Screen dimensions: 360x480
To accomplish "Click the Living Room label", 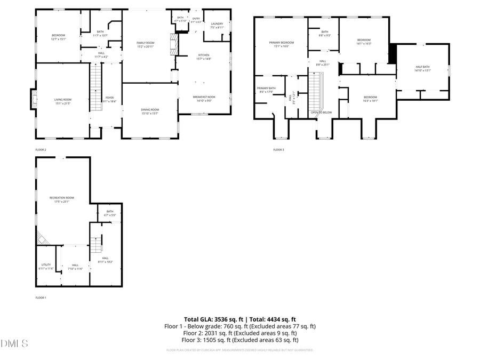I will [62, 100].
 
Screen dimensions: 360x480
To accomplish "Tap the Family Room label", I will [145, 43].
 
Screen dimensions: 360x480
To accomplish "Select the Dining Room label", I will [150, 110].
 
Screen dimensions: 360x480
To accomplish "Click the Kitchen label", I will [204, 55].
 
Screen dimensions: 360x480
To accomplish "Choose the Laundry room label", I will [217, 23].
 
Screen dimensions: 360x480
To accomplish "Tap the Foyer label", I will [109, 98].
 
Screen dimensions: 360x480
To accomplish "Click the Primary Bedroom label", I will [281, 42].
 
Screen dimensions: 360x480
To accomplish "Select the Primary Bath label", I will [266, 88].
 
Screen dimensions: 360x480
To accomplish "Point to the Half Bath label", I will [422, 67].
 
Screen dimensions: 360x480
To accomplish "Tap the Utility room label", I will [46, 265].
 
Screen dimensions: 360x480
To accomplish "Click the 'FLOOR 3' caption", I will [278, 150].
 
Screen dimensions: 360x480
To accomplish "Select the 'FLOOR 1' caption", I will [41, 298].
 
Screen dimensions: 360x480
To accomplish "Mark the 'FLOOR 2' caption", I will [41, 150].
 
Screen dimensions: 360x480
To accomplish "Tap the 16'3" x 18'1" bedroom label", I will [370, 99].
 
